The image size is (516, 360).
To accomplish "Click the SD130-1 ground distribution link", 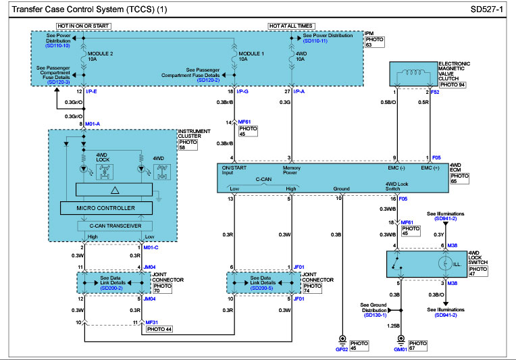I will [x=375, y=315].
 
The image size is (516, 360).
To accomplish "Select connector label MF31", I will [x=152, y=322].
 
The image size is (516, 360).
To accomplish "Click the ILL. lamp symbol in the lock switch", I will [x=445, y=262].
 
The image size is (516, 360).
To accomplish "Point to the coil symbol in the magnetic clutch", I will [x=412, y=74].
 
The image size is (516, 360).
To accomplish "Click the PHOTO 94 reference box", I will [x=453, y=86].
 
